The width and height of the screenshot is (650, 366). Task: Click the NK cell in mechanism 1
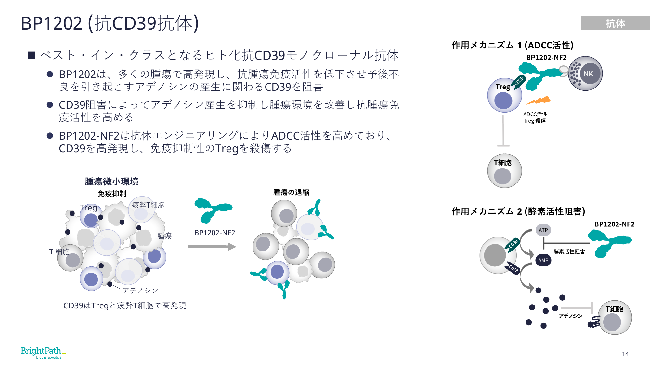tap(585, 74)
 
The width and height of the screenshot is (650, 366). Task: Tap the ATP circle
tap(543, 230)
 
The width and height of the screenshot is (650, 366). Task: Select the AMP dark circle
tap(543, 260)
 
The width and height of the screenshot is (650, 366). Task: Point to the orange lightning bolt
tap(538, 100)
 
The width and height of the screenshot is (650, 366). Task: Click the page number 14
tap(625, 354)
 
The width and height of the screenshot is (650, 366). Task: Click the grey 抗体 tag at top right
tap(615, 23)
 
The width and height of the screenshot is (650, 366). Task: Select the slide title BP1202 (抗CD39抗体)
tap(110, 23)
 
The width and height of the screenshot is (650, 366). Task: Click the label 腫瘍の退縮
tap(291, 192)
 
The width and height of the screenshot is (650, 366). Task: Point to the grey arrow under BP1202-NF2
tap(212, 247)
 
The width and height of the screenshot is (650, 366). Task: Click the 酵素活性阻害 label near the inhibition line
tap(569, 251)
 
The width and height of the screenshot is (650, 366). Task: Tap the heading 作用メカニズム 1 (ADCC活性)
tap(513, 45)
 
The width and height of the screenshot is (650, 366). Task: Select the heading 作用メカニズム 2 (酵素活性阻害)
tap(518, 211)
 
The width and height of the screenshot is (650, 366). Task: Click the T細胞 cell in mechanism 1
tap(504, 171)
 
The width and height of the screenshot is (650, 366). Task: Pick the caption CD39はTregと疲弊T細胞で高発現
tap(125, 305)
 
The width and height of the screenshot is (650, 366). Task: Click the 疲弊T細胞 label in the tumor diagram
tap(148, 205)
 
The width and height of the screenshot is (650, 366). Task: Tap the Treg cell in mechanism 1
tap(504, 95)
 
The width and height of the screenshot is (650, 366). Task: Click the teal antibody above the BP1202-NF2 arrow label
tap(213, 210)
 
